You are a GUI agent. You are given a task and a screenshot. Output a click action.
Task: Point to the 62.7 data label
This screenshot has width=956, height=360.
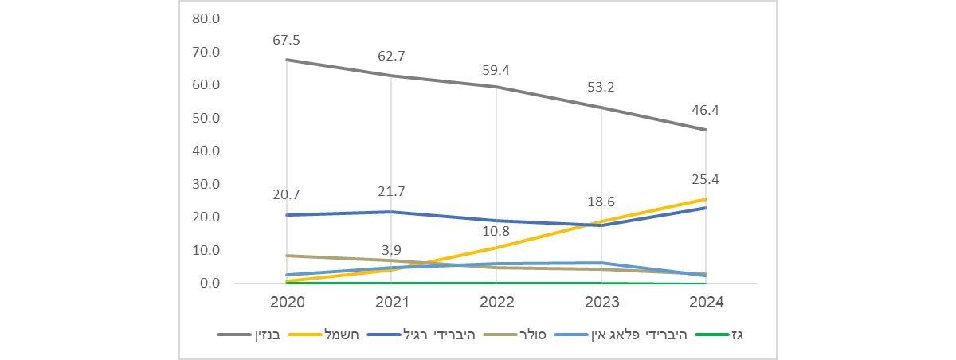(390, 56)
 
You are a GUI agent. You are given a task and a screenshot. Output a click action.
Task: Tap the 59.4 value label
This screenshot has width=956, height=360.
(496, 70)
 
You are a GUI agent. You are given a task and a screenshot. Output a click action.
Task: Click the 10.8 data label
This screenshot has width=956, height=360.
(496, 232)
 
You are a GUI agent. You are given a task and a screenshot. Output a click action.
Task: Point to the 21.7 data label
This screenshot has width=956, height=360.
(390, 192)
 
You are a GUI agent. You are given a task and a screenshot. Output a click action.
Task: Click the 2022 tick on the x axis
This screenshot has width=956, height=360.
(496, 303)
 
